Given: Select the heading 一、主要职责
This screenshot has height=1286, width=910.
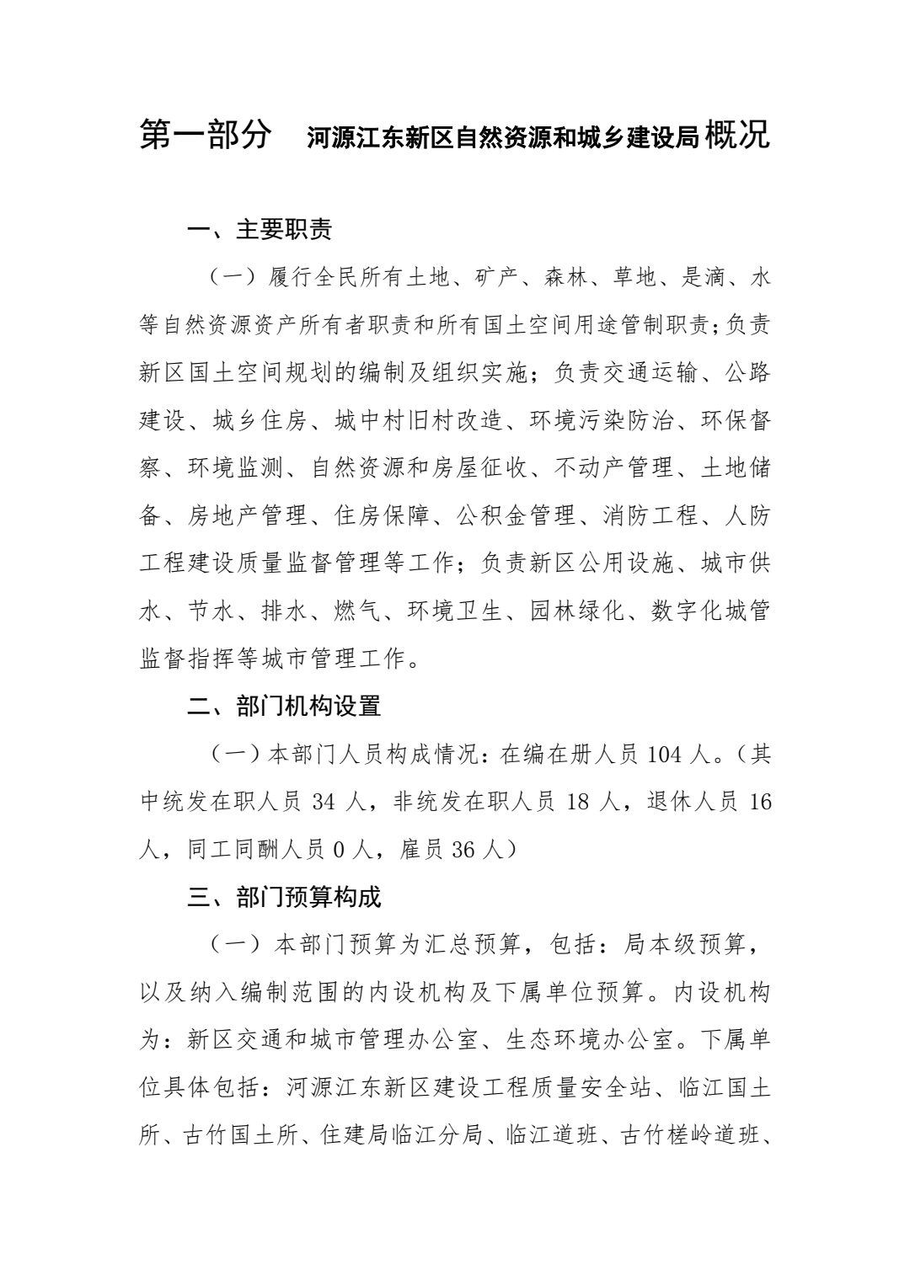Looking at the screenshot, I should (x=260, y=229).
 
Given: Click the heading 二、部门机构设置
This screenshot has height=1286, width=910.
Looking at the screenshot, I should (x=284, y=706).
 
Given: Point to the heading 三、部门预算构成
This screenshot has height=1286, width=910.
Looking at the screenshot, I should (x=284, y=897).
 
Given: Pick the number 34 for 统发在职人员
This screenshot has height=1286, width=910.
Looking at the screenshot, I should (x=324, y=802).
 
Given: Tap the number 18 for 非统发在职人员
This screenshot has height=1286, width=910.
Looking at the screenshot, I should (x=578, y=802).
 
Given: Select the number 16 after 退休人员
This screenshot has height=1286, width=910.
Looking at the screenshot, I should (x=759, y=802).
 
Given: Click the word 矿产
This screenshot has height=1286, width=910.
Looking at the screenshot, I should (x=499, y=277).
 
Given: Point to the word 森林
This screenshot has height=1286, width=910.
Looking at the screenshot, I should (x=566, y=277).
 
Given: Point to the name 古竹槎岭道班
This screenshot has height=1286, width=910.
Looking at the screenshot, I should (x=690, y=1135).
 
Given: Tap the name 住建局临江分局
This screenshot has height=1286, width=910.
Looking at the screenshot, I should (x=401, y=1135).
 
